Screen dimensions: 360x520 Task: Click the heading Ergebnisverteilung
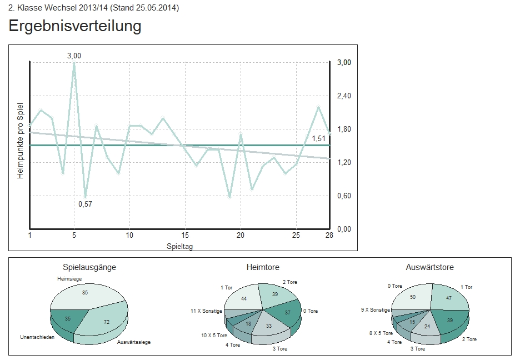pyautogui.click(x=75, y=26)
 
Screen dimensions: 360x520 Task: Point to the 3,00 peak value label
pyautogui.click(x=74, y=56)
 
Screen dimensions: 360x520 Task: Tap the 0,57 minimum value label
pyautogui.click(x=85, y=204)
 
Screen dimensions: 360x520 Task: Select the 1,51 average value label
pyautogui.click(x=318, y=138)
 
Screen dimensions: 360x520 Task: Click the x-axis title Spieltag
pyautogui.click(x=179, y=245)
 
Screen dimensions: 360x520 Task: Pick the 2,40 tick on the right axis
pyautogui.click(x=344, y=96)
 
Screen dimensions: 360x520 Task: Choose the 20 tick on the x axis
pyautogui.click(x=241, y=236)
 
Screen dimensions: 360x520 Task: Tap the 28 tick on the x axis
pyautogui.click(x=329, y=236)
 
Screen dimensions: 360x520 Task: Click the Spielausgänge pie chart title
pyautogui.click(x=89, y=267)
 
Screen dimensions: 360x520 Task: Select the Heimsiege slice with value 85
pyautogui.click(x=84, y=293)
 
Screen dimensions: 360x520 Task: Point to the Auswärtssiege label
pyautogui.click(x=134, y=342)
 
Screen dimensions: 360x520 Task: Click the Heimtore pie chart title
pyautogui.click(x=263, y=267)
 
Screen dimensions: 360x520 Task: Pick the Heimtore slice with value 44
pyautogui.click(x=244, y=298)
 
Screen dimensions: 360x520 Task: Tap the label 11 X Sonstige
pyautogui.click(x=206, y=311)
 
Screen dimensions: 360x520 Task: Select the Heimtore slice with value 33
pyautogui.click(x=268, y=326)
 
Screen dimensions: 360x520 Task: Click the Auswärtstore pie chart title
pyautogui.click(x=429, y=267)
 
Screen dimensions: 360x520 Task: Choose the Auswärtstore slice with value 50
pyautogui.click(x=413, y=297)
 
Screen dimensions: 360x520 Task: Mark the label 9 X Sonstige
pyautogui.click(x=375, y=310)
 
